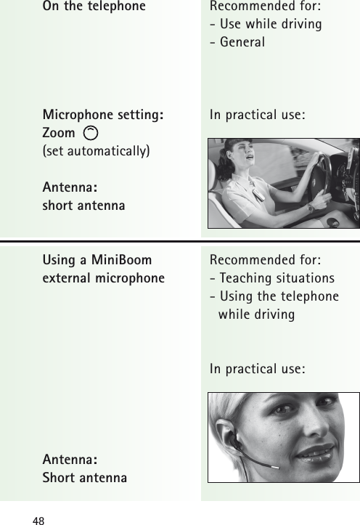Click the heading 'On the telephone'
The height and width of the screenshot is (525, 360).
click(x=94, y=7)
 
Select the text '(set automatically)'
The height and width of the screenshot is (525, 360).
click(x=97, y=151)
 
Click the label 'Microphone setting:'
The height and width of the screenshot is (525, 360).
click(x=103, y=115)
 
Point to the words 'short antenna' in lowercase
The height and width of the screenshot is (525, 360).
click(x=84, y=205)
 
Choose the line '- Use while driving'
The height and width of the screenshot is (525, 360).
click(x=266, y=25)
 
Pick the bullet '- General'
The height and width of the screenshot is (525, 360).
click(x=237, y=42)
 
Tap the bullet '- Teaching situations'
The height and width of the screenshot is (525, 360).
click(x=271, y=278)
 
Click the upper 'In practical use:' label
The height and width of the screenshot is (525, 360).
click(x=256, y=115)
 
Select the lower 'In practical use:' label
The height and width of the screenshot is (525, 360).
click(x=256, y=369)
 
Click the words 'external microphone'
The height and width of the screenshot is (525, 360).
click(x=103, y=278)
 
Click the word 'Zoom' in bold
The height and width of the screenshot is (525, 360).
click(x=59, y=133)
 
